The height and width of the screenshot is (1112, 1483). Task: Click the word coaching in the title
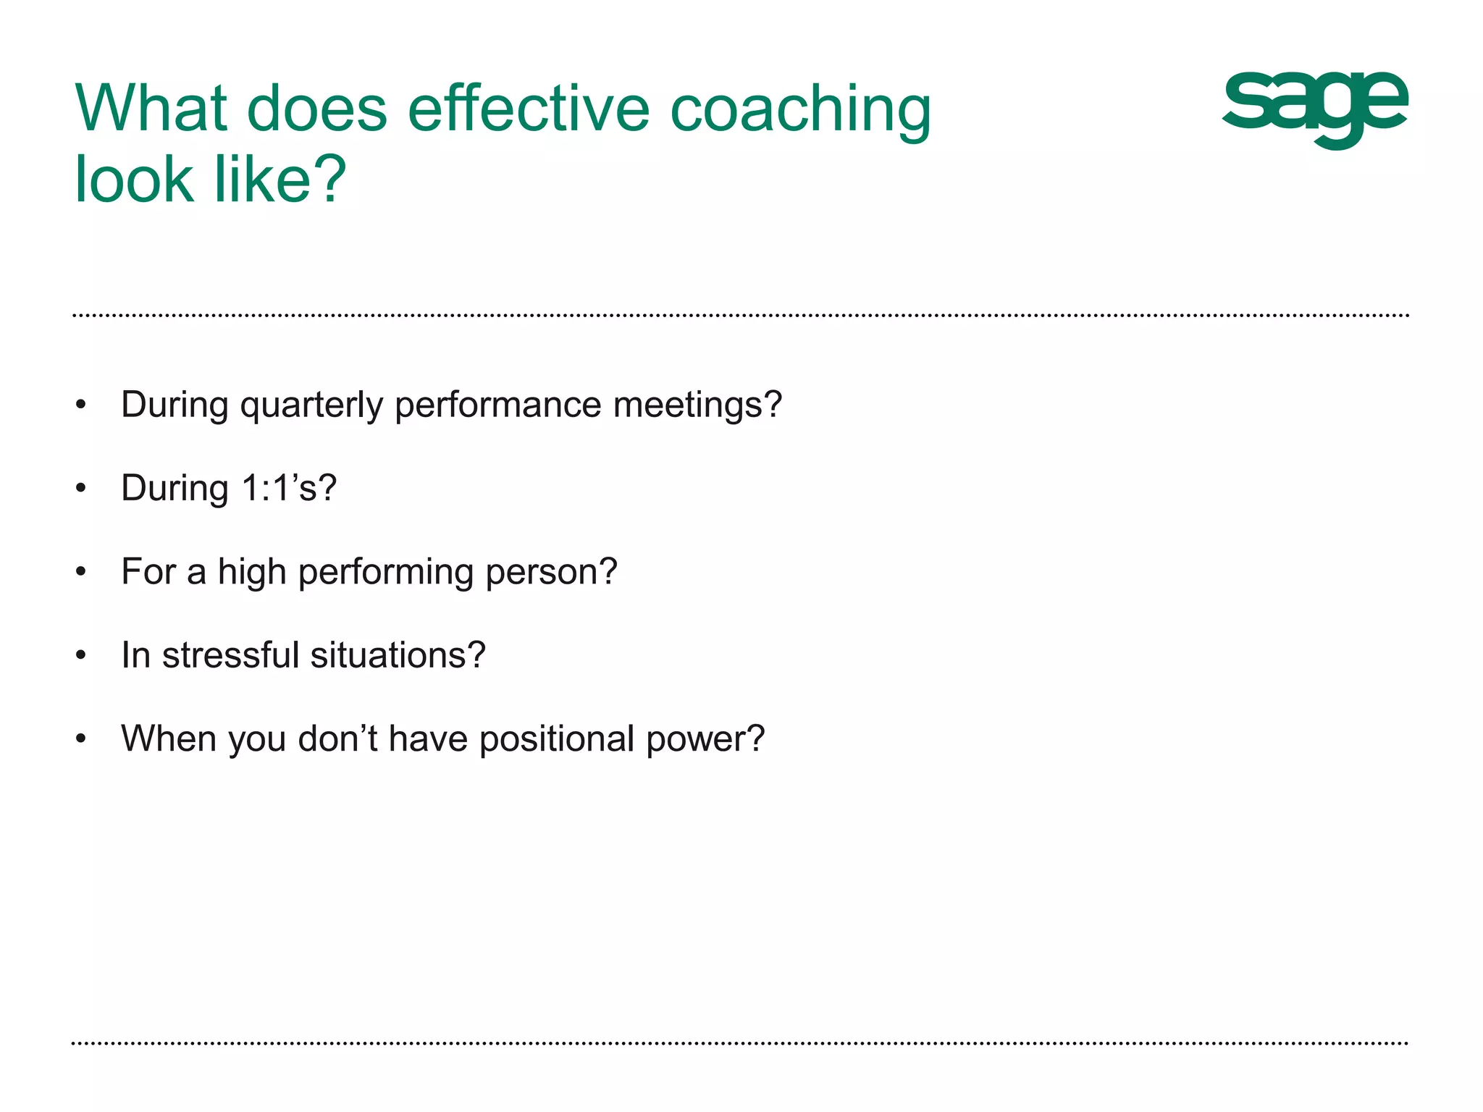(x=800, y=110)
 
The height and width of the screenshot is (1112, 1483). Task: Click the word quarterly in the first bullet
(x=311, y=405)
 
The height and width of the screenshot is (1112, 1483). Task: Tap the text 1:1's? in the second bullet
(x=289, y=488)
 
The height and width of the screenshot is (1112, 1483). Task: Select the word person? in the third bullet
(x=551, y=572)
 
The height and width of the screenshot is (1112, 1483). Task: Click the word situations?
(x=398, y=655)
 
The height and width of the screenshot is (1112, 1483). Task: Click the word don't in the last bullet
(x=337, y=739)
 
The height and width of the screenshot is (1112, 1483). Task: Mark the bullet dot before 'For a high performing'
(x=81, y=573)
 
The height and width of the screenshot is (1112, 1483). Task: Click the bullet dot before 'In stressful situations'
(x=81, y=656)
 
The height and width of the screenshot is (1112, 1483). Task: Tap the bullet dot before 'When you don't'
(x=81, y=740)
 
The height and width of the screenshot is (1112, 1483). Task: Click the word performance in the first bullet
(x=497, y=405)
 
